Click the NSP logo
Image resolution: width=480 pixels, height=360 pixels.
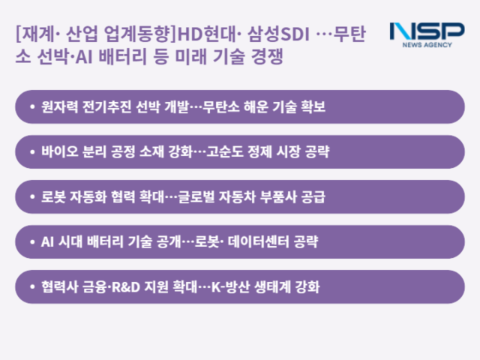click(427, 32)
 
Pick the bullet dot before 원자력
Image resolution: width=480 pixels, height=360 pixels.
click(31, 107)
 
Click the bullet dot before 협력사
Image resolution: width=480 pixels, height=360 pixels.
click(31, 287)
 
